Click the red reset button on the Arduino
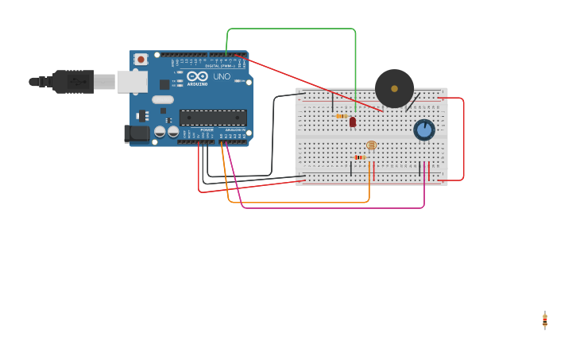[141, 59]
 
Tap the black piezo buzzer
[394, 88]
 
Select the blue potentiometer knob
[424, 130]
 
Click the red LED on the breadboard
[353, 122]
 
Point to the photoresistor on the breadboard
[371, 145]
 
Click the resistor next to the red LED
[341, 116]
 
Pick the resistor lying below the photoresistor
[359, 157]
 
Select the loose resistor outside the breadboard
[545, 320]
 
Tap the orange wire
[302, 203]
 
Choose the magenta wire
[334, 208]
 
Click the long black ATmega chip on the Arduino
[212, 118]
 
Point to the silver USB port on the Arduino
[132, 81]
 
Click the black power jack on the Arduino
[137, 134]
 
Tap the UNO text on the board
[222, 76]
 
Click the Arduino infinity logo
[197, 76]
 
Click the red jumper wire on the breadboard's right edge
[463, 139]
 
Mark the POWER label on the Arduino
[207, 130]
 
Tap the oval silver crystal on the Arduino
[163, 99]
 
